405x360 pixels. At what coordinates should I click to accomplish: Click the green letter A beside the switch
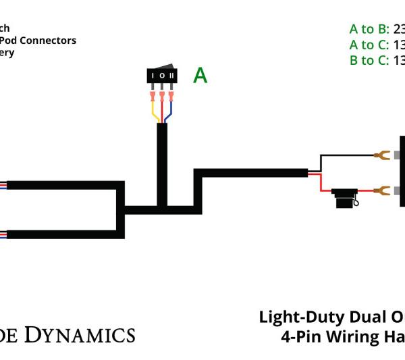[x=200, y=75]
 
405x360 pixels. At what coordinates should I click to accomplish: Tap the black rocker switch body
[x=163, y=76]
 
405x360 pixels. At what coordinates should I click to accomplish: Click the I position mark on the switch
[x=153, y=75]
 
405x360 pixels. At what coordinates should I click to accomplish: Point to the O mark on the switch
[x=163, y=75]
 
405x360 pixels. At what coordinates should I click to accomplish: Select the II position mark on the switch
[x=172, y=75]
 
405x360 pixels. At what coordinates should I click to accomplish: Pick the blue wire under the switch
[x=169, y=114]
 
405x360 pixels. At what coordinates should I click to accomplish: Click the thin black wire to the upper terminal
[x=344, y=155]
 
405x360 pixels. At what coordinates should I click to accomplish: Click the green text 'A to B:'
[x=369, y=29]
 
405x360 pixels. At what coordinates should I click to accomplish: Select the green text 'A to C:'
[x=369, y=45]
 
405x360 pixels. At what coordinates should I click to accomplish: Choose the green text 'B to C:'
[x=369, y=60]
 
